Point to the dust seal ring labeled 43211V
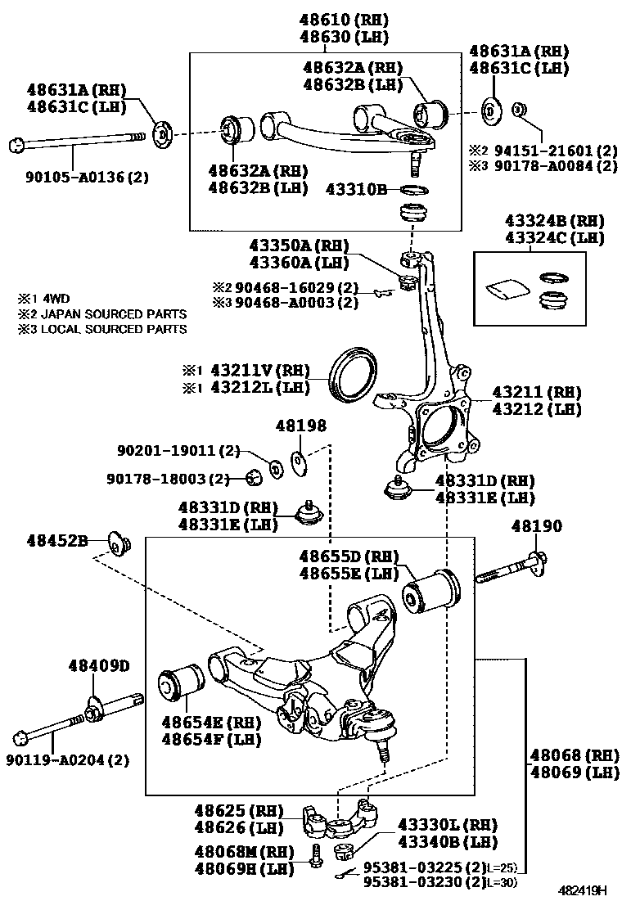(x=354, y=374)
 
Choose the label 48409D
(x=99, y=665)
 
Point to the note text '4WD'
(x=56, y=298)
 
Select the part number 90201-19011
(x=178, y=450)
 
